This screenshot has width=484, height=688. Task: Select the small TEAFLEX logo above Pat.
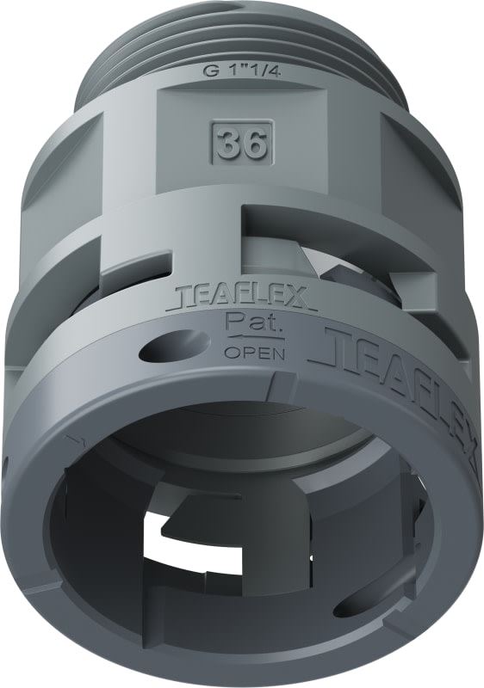[x=245, y=298]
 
